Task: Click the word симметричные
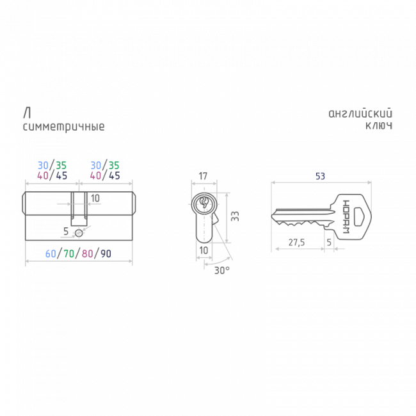tap(63, 127)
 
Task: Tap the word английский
tap(360, 113)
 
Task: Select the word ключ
tap(379, 125)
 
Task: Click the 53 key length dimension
tap(320, 176)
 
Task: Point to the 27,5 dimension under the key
tap(296, 242)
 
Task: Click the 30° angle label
tap(222, 270)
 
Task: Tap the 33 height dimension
tap(235, 216)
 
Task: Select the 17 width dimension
tap(203, 176)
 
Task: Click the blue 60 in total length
tap(51, 253)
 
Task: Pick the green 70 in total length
tap(69, 253)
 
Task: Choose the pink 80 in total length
tap(87, 253)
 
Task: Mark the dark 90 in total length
tap(106, 253)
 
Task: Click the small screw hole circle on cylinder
tap(79, 233)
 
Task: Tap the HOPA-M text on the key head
tap(346, 217)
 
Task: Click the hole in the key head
tap(358, 217)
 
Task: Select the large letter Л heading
tap(27, 113)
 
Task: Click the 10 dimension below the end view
tap(204, 250)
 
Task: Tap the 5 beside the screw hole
tap(66, 231)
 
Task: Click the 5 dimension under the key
tap(329, 242)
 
